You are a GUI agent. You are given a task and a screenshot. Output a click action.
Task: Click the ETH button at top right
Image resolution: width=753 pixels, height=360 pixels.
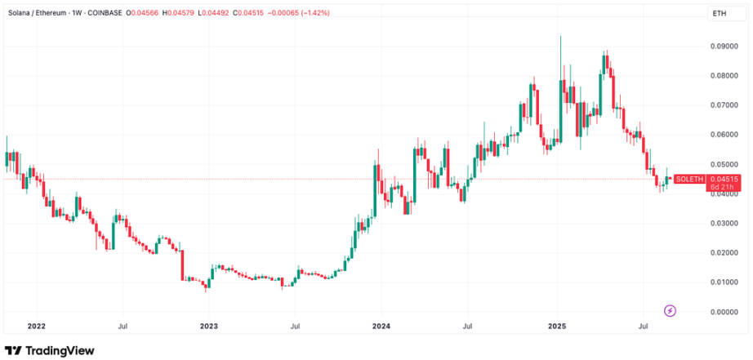(x=720, y=14)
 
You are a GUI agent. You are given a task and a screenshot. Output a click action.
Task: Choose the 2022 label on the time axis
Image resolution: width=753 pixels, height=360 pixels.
(x=36, y=327)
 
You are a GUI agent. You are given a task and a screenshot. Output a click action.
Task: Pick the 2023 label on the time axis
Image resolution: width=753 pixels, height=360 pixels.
(x=208, y=327)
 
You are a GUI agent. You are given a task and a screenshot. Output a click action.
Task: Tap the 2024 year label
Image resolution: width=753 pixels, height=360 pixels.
(x=381, y=327)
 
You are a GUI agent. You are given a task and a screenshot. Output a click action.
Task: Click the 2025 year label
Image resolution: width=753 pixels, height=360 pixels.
(x=555, y=327)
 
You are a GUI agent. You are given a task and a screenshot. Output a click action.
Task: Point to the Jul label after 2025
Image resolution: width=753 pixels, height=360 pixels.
(x=643, y=327)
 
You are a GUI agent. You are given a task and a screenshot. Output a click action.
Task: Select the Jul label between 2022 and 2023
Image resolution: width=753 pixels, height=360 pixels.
(x=122, y=327)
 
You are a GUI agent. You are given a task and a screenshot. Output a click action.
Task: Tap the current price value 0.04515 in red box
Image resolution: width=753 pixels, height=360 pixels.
(x=724, y=179)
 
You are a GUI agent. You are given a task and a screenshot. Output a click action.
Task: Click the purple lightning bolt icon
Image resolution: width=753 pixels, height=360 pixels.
(x=671, y=310)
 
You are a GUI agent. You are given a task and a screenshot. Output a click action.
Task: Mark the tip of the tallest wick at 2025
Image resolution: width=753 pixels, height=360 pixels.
(x=560, y=36)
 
